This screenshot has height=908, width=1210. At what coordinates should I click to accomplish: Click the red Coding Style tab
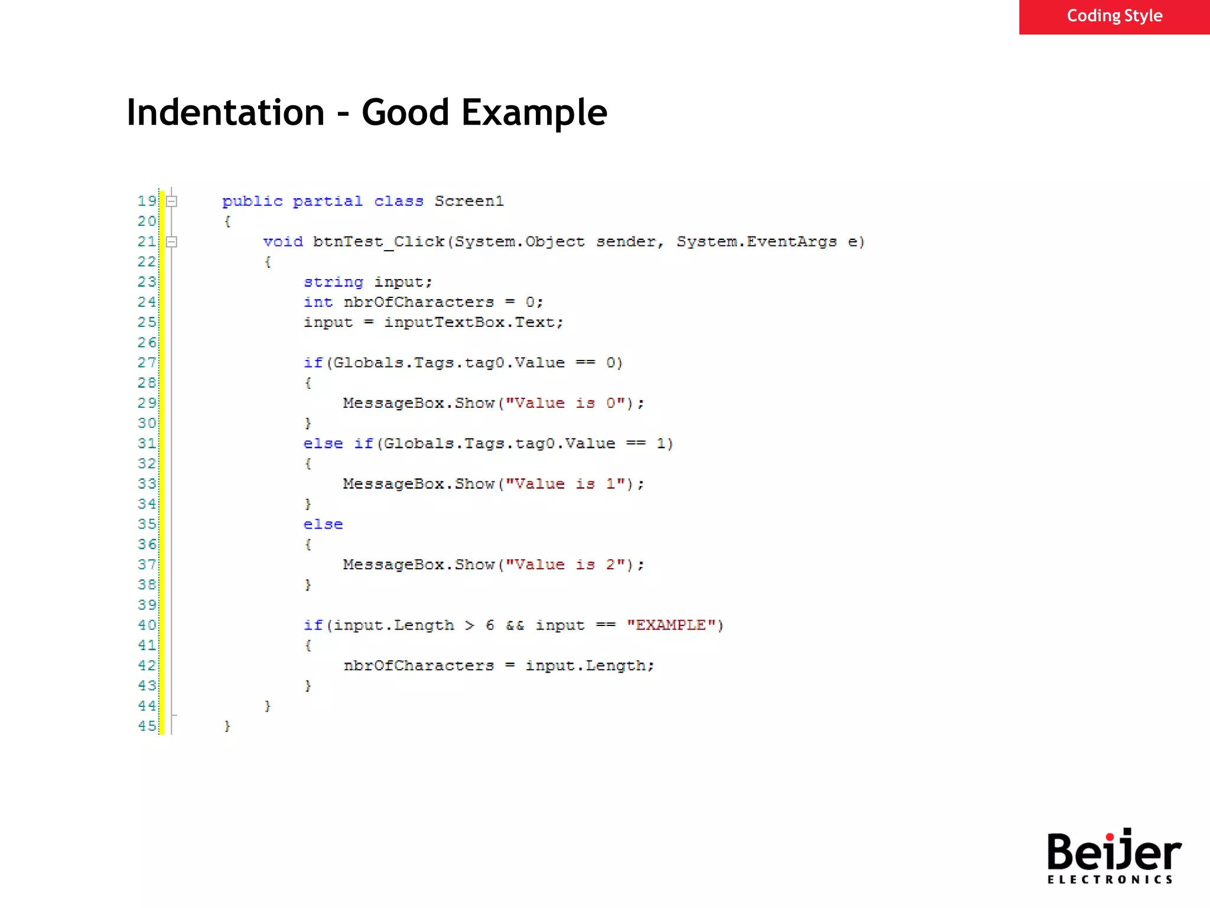[x=1114, y=17]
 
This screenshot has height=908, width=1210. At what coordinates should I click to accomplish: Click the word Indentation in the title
[x=226, y=112]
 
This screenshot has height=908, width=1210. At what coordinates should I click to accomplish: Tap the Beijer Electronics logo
[x=1114, y=856]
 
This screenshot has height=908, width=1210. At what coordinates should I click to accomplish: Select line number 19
[x=147, y=201]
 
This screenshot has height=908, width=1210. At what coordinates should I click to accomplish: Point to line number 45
[x=147, y=726]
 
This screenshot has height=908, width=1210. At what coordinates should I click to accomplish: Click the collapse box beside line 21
[x=172, y=242]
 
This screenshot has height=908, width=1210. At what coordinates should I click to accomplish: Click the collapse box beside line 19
[x=172, y=202]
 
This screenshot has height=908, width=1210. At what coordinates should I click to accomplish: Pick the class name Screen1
[x=469, y=202]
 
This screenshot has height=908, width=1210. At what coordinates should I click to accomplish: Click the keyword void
[x=283, y=242]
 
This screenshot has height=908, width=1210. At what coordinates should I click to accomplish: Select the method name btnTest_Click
[x=378, y=242]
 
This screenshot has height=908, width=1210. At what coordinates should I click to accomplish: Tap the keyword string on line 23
[x=333, y=283]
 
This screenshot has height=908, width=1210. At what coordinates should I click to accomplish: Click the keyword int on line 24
[x=318, y=303]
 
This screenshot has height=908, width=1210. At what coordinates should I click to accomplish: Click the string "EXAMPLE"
[x=671, y=625]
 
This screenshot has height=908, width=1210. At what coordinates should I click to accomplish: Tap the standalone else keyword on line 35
[x=323, y=525]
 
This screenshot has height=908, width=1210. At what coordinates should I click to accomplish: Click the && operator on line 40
[x=515, y=625]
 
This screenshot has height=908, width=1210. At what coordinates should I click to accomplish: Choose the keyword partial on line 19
[x=328, y=202]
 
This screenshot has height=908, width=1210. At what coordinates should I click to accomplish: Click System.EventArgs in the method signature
[x=756, y=242]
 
